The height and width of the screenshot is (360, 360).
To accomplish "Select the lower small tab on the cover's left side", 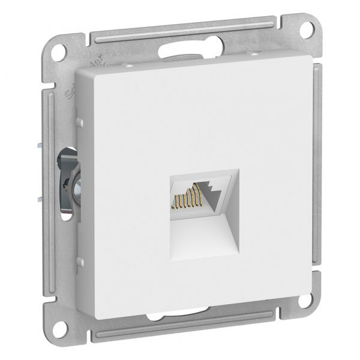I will pyautogui.click(x=79, y=262).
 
